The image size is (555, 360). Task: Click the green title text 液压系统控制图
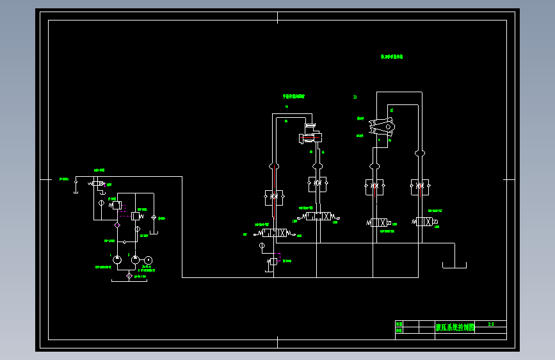click(455, 327)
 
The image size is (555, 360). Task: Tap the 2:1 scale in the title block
click(491, 324)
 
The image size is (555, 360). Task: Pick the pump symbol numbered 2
click(135, 260)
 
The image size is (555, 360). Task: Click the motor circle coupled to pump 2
click(148, 259)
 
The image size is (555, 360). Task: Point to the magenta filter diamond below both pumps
click(129, 275)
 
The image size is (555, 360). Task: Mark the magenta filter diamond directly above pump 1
click(117, 225)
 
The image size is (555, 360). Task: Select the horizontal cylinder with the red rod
click(310, 137)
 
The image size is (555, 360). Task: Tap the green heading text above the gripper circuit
click(392, 57)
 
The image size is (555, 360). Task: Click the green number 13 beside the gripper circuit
click(355, 97)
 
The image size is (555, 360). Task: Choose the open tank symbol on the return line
click(454, 264)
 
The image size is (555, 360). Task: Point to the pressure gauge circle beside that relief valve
click(101, 203)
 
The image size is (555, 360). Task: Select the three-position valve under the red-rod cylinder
click(318, 217)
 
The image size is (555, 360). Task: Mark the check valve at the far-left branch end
click(76, 183)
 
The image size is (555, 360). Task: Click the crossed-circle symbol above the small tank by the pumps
click(154, 218)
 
